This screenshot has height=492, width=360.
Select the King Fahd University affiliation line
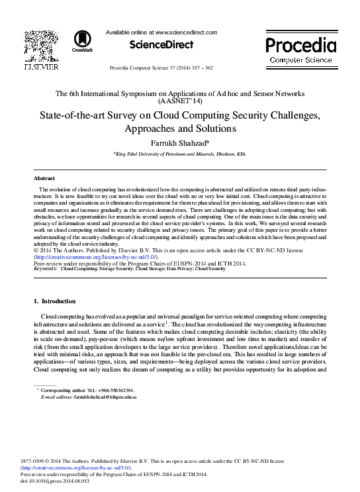point(180,154)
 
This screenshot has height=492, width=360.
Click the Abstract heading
point(44,179)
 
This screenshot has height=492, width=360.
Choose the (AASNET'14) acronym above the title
point(180,102)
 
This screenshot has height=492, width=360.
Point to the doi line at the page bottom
point(55,481)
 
